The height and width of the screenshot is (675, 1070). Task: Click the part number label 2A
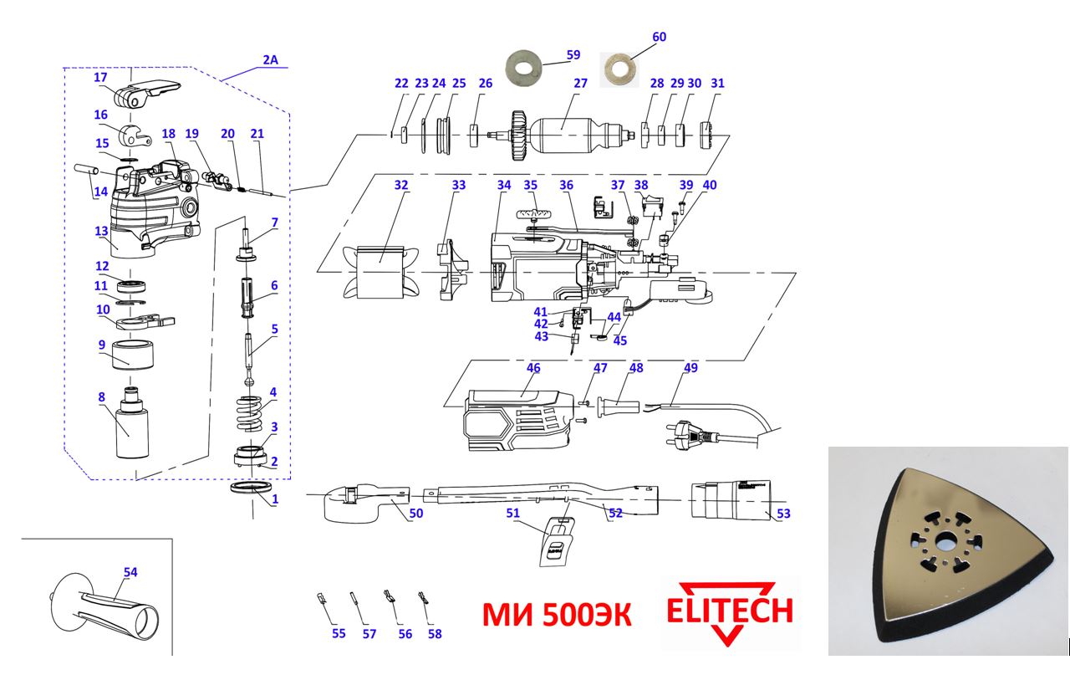(x=270, y=60)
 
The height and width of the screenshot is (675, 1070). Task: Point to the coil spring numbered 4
(x=249, y=409)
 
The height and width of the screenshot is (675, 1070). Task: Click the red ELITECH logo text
(x=729, y=611)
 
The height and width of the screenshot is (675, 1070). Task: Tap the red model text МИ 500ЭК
(x=556, y=616)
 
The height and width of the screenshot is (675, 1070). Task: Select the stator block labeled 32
(x=380, y=270)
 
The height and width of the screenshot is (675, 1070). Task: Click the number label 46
(x=532, y=368)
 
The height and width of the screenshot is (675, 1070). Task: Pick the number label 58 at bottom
(x=434, y=633)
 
